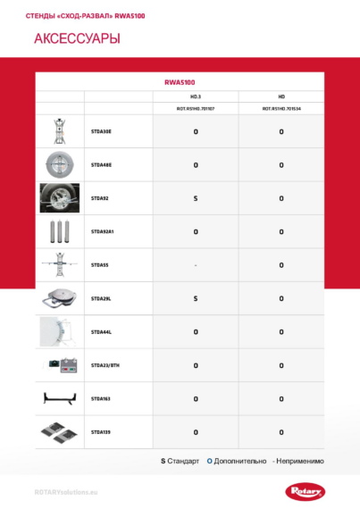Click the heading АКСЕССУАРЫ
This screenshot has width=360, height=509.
click(64, 40)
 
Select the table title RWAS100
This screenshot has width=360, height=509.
click(180, 81)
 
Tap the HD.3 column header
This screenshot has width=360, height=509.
click(196, 96)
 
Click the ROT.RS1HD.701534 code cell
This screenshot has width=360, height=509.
click(280, 108)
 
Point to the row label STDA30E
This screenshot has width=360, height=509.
click(101, 131)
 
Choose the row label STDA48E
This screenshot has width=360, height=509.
click(101, 164)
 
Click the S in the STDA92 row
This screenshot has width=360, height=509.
click(196, 198)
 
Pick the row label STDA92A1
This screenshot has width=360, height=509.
click(103, 231)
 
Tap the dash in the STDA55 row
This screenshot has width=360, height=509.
click(196, 265)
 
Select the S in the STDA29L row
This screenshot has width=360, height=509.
click(196, 298)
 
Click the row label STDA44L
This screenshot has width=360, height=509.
click(101, 331)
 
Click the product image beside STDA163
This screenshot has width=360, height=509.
click(59, 398)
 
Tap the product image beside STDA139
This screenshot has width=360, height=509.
click(59, 432)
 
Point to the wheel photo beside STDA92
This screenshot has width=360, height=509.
click(59, 198)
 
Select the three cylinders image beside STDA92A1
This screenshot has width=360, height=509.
click(59, 231)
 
